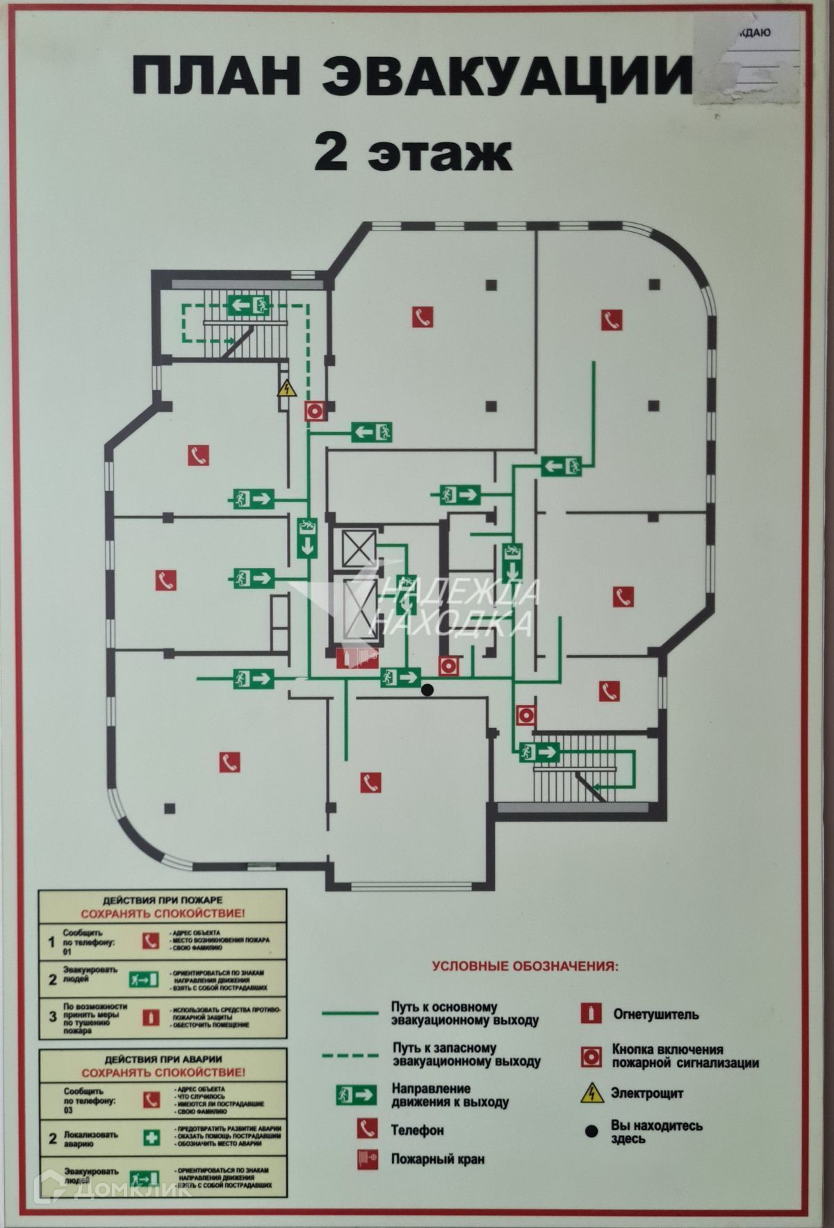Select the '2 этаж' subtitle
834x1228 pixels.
413,154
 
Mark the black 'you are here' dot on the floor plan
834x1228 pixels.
428,690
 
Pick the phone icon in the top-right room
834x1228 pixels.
612,320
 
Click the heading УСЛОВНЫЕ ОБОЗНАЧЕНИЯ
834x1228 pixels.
525,965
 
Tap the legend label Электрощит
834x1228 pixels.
647,1093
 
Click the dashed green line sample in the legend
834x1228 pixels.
350,1056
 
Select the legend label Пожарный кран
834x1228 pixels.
438,1159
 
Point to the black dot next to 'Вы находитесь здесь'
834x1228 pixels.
591,1131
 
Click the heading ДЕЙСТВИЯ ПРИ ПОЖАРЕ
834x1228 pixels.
163,899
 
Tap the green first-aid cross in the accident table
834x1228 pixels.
151,1138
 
